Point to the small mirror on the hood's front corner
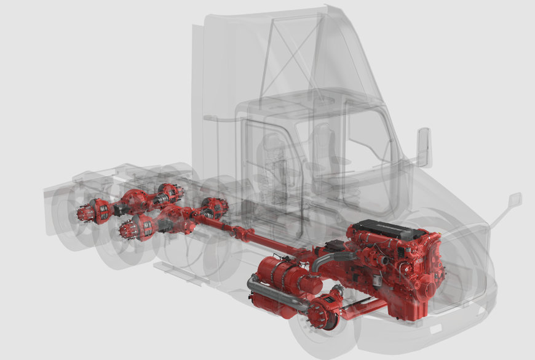515,200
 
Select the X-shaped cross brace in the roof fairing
293,55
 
